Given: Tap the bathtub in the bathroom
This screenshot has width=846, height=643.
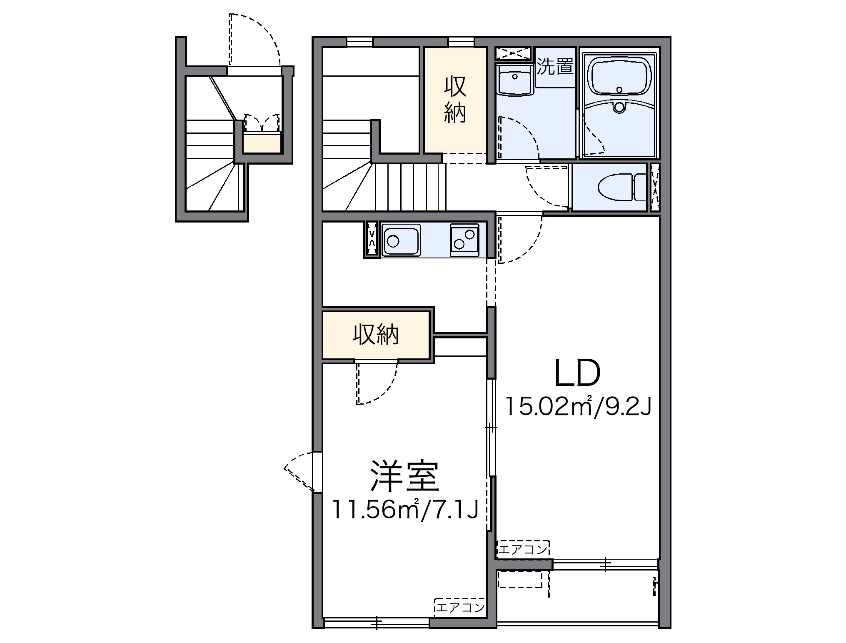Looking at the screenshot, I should (619, 76).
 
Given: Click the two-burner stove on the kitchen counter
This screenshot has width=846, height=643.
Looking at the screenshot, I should (464, 240).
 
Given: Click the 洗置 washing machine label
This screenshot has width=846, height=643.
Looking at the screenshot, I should (555, 67).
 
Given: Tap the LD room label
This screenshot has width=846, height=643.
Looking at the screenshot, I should (577, 373).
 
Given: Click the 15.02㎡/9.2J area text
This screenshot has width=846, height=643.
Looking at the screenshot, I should (577, 408).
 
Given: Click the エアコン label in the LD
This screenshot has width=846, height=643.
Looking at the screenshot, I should (523, 550).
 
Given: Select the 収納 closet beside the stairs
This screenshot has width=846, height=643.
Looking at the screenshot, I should (455, 100).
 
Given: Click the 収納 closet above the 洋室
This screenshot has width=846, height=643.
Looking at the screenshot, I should (376, 334).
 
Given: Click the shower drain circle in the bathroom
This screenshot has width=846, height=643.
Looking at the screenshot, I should (619, 108).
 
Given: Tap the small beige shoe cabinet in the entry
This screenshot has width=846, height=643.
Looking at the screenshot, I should (262, 143).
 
